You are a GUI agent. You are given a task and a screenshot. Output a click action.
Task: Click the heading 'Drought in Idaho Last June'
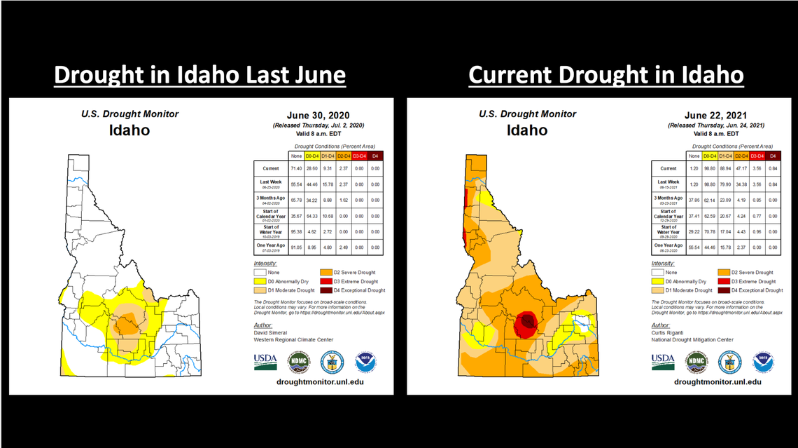(x=199, y=74)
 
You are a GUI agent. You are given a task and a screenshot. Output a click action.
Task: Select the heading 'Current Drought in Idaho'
(x=605, y=74)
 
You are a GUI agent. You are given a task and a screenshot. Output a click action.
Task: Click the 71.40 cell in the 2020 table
(x=296, y=168)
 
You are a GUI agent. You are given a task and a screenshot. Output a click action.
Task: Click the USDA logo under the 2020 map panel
(x=265, y=360)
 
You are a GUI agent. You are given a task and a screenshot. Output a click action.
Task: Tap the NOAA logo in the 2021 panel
(x=763, y=361)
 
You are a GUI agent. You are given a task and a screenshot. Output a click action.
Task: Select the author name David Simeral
(x=270, y=332)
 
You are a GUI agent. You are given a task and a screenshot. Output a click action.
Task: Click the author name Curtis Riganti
(x=668, y=332)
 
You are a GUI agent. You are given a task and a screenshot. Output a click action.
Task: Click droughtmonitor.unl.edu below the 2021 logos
(x=717, y=381)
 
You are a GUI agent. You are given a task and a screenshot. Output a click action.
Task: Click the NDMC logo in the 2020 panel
(x=298, y=361)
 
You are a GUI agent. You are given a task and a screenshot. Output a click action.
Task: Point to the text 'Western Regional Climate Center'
(x=293, y=340)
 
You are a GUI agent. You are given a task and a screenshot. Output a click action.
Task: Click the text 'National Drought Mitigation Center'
(x=693, y=340)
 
